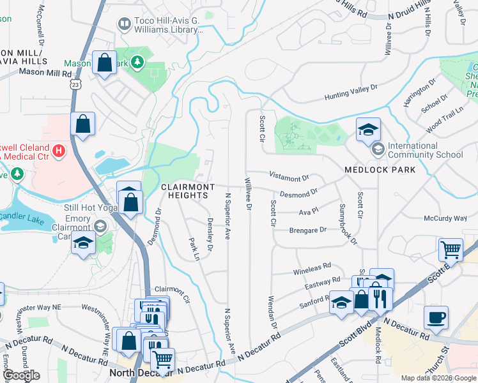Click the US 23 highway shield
click(76, 84)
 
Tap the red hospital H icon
click(58, 151)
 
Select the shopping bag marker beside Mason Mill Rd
click(104, 63)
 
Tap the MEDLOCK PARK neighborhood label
click(380, 170)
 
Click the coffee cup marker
click(436, 318)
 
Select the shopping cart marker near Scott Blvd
click(451, 250)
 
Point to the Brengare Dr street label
click(307, 230)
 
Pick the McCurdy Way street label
click(445, 218)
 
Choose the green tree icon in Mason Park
click(136, 63)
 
